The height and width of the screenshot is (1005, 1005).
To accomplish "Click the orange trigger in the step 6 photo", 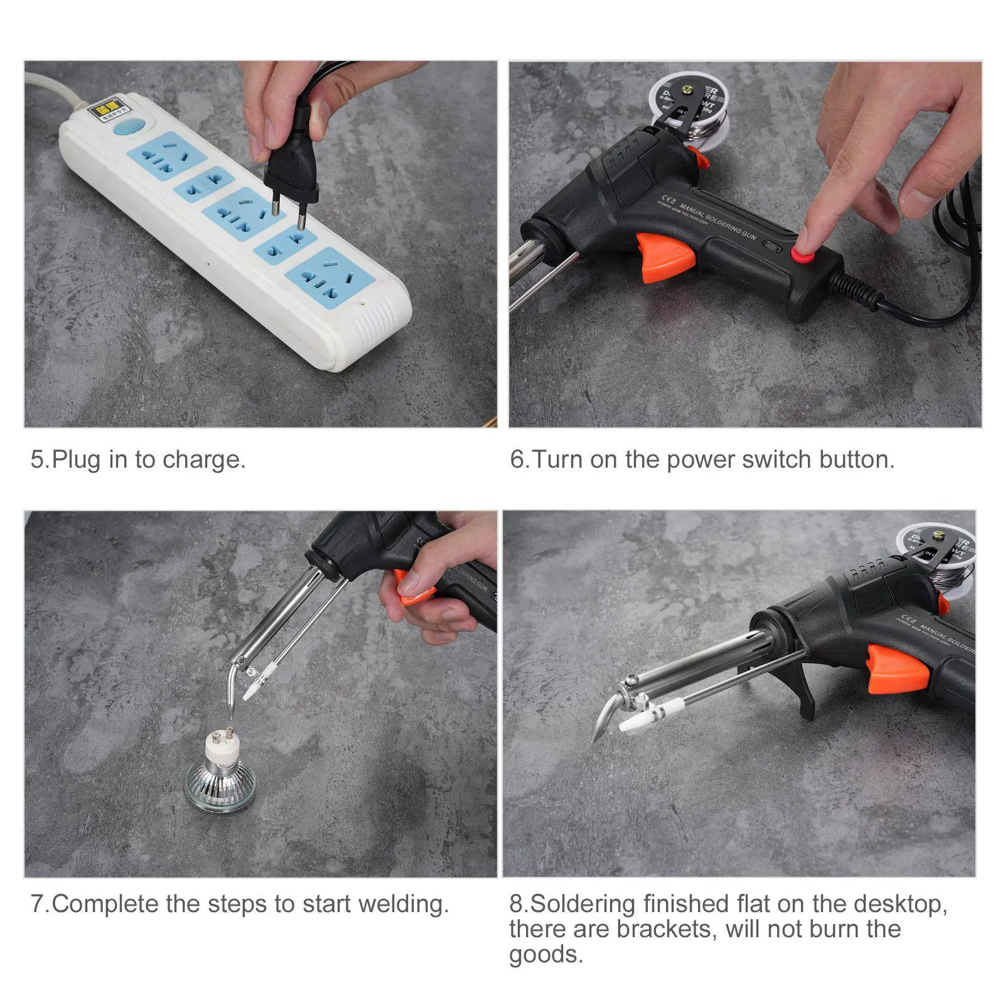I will coord(665,257).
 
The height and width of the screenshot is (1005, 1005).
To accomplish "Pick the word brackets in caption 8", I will coord(665,929).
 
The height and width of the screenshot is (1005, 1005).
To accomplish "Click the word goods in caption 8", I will coord(545,955).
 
